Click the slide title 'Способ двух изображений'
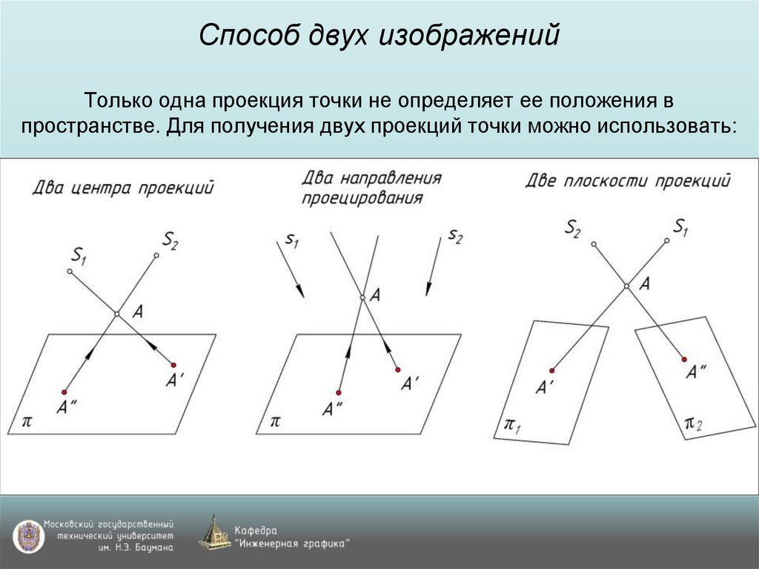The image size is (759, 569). [379, 36]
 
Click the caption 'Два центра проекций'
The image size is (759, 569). [122, 187]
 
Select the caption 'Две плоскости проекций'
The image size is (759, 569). [628, 180]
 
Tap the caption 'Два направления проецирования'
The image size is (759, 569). [371, 188]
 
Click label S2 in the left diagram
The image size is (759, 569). [170, 240]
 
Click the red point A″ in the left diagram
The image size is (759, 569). [64, 392]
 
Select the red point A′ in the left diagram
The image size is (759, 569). [173, 365]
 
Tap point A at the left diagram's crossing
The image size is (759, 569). [116, 315]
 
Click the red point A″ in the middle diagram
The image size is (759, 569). [339, 392]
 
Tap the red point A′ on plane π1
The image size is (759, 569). [552, 369]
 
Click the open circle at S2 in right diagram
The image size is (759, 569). [592, 243]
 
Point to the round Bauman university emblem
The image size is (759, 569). [27, 536]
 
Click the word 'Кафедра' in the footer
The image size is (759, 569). [256, 530]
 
